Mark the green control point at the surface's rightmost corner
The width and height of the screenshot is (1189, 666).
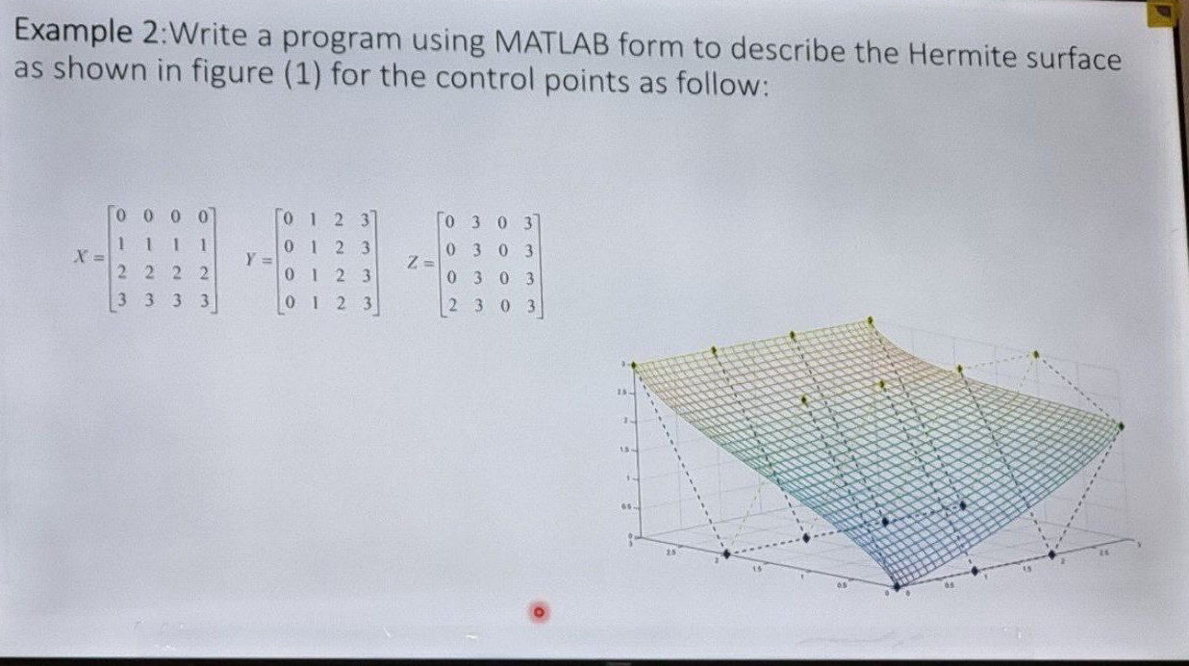1122,424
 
